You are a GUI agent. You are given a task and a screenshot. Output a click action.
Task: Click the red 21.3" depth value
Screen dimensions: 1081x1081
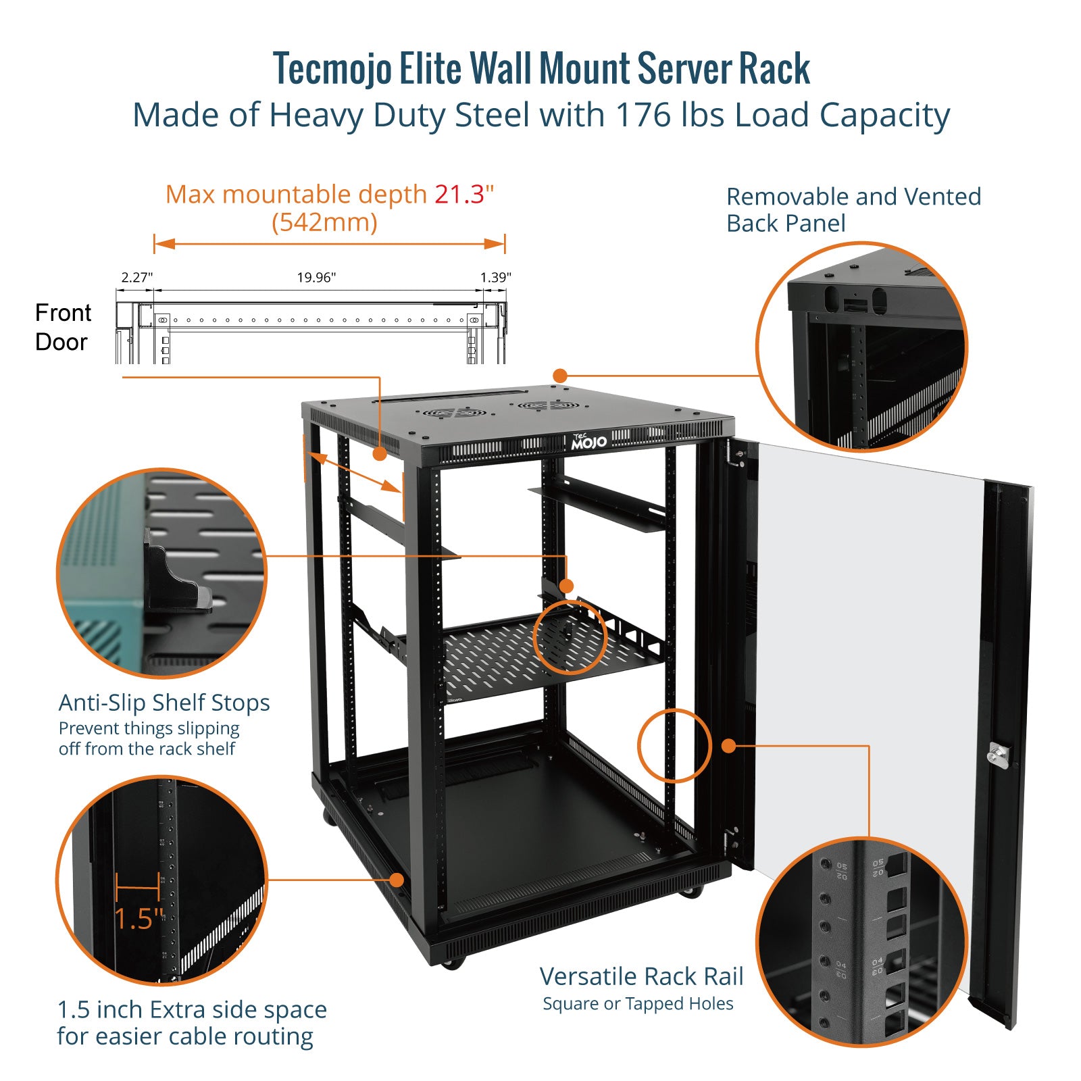(463, 195)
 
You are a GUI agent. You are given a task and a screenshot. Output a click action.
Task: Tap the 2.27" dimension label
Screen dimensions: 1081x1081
(137, 277)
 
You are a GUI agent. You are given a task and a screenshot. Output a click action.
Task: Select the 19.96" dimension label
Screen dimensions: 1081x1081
(316, 277)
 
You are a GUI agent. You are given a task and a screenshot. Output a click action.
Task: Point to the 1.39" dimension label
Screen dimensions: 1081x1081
(495, 277)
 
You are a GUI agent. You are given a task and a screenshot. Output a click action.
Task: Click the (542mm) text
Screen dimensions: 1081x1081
(324, 222)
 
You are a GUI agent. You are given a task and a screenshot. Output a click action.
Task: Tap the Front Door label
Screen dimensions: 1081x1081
(62, 327)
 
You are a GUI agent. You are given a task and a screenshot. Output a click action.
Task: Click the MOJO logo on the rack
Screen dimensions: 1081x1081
(588, 442)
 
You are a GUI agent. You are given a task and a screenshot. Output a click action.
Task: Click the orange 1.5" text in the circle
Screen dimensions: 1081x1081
(139, 920)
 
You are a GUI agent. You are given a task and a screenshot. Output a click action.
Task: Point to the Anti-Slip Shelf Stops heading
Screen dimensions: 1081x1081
(164, 703)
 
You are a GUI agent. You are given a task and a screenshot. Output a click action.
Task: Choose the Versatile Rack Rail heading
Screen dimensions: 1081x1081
(641, 976)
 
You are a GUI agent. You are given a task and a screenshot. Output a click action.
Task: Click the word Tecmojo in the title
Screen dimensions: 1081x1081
(332, 69)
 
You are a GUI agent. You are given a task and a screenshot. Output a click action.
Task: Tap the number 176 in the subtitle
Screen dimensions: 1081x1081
(641, 115)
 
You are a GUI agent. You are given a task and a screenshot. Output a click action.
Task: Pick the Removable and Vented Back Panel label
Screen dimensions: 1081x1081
(853, 209)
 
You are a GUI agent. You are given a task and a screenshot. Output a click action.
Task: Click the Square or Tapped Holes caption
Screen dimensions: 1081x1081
(638, 1004)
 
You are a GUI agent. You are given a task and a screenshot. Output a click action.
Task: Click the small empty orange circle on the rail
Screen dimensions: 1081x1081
(674, 746)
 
